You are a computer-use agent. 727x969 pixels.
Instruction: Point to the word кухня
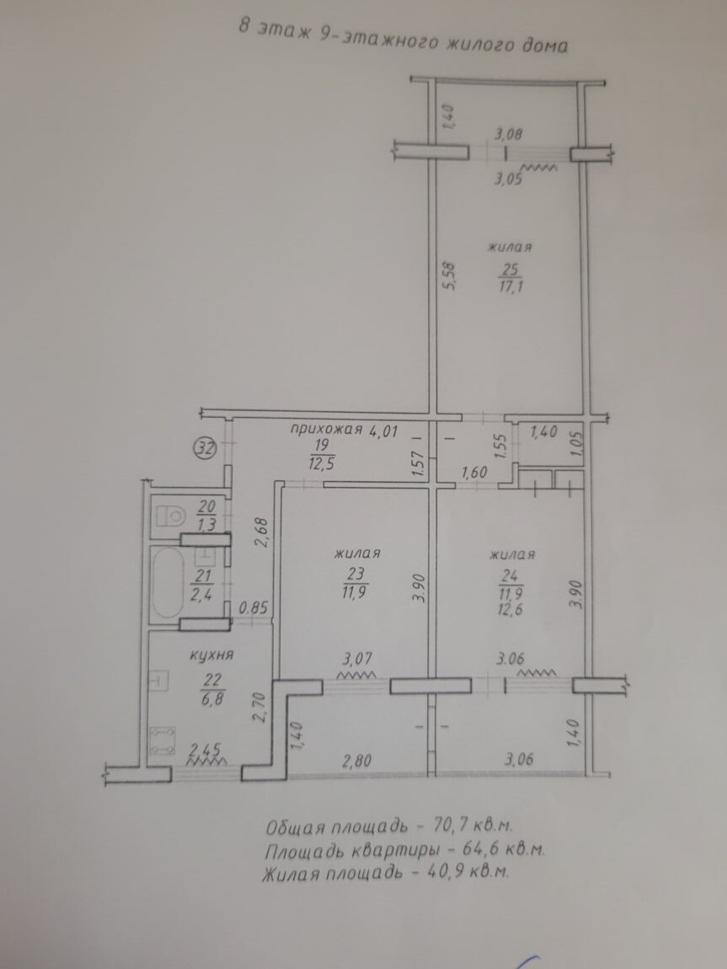[x=211, y=654]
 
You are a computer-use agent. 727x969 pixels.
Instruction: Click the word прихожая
[x=325, y=430]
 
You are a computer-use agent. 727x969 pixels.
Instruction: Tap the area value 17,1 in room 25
[x=511, y=286]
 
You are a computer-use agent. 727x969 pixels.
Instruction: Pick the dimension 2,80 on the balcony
[x=356, y=759]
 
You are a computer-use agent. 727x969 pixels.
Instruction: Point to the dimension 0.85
[x=254, y=608]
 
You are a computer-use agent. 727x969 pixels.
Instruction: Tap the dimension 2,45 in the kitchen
[x=206, y=750]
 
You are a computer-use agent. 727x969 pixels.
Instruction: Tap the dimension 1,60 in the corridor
[x=476, y=472]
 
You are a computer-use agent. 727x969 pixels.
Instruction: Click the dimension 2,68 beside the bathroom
[x=263, y=532]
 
